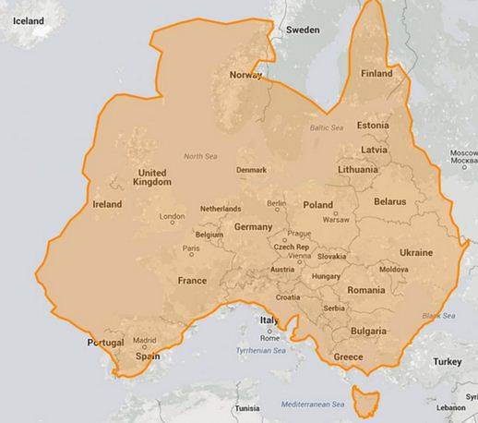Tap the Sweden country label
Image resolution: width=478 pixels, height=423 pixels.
(x=302, y=30)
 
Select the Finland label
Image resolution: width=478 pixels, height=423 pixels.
(x=376, y=73)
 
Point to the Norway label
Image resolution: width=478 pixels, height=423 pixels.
(x=245, y=75)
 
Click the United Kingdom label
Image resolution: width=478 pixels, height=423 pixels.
(x=151, y=177)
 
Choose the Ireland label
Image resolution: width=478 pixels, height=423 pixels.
(x=108, y=204)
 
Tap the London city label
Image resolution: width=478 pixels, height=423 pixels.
(x=173, y=217)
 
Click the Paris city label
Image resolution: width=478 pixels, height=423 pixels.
(x=191, y=248)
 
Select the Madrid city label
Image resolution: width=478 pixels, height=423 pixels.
(x=146, y=339)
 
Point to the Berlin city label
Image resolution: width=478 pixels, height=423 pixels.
(x=276, y=203)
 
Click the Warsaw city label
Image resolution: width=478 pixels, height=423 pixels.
(x=336, y=221)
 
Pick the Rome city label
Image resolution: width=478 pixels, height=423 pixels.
(x=269, y=338)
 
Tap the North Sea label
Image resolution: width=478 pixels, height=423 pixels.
(x=200, y=156)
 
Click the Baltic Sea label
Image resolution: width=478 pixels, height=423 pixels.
(x=326, y=127)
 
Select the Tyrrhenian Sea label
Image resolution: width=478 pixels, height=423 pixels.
(x=260, y=351)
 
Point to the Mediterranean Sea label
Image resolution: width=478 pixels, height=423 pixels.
(x=313, y=405)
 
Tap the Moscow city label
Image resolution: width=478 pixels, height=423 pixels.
(x=463, y=156)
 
